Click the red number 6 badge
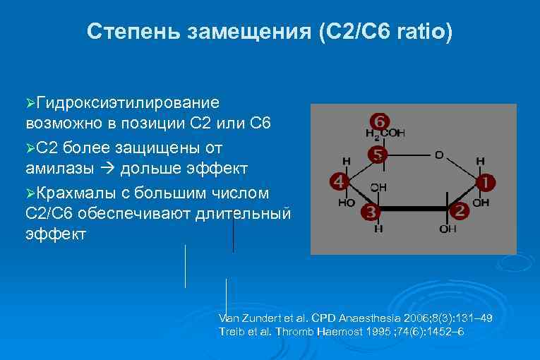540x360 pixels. (379, 121)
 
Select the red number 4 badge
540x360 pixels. (338, 182)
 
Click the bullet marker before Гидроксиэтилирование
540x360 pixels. (29, 104)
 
